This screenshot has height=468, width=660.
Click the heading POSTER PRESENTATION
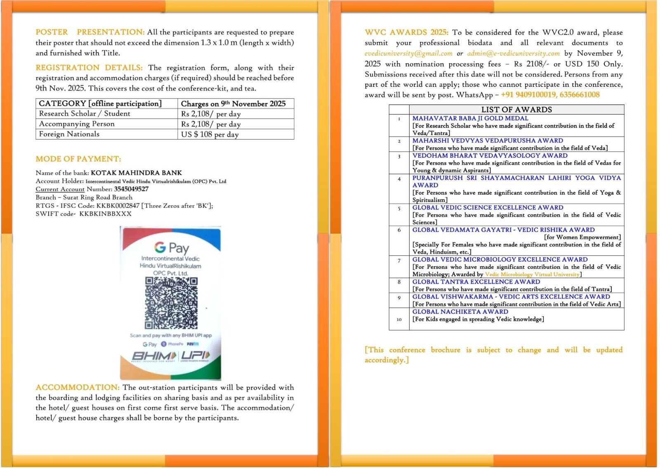pos(90,32)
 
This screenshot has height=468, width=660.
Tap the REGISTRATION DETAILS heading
pos(89,68)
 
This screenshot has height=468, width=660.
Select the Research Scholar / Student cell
pos(84,114)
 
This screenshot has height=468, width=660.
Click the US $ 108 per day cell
pos(210,134)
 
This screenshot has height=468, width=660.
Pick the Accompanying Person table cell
pos(77,124)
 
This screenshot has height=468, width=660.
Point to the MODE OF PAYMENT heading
pos(78,159)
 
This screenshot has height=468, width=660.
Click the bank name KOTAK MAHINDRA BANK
pos(136,173)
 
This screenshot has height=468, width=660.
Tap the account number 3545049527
pos(131,189)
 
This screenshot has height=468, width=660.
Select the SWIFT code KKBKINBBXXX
pos(105,214)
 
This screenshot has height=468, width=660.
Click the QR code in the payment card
pos(171,303)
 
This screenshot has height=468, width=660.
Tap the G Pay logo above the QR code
pos(171,247)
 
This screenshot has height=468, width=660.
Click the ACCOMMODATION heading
pos(78,387)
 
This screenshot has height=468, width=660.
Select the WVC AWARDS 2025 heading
pos(406,32)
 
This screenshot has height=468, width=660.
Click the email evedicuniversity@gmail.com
pos(408,54)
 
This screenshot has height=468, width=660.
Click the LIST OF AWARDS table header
pos(516,109)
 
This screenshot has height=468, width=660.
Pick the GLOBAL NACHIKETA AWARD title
pos(460,312)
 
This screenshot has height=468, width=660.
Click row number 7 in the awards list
pos(399,261)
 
